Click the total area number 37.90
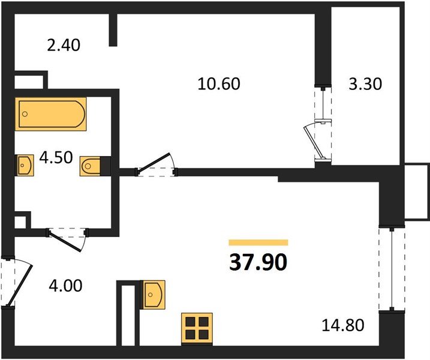point(258,262)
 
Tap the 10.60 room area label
point(219,83)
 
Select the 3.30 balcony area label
point(365,83)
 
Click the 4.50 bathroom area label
point(55,158)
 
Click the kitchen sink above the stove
point(155,294)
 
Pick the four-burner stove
point(198,328)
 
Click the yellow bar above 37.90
point(258,243)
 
